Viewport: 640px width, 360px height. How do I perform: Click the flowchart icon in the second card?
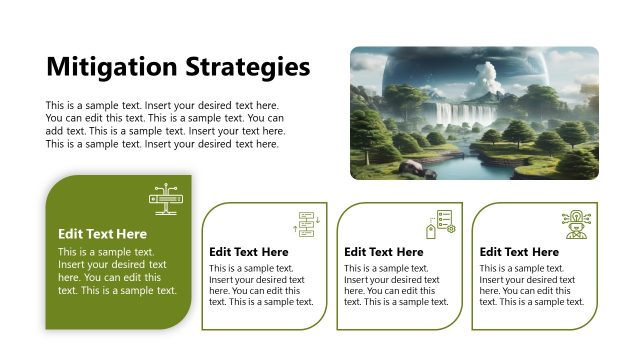304,224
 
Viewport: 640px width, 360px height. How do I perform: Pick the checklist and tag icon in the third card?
440,224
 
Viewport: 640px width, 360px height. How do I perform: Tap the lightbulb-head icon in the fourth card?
577,223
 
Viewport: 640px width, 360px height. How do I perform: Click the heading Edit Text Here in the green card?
102,234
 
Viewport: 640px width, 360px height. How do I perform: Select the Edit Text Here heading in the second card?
248,252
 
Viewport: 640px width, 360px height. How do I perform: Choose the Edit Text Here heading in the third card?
384,252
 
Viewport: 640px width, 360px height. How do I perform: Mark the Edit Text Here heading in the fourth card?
519,252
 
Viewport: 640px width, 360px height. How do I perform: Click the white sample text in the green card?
117,271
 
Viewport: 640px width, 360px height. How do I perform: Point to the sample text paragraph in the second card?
261,285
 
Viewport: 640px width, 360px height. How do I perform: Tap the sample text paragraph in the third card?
396,285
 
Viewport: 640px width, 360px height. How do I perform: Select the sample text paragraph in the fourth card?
531,285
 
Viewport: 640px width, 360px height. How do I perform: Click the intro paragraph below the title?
165,124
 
